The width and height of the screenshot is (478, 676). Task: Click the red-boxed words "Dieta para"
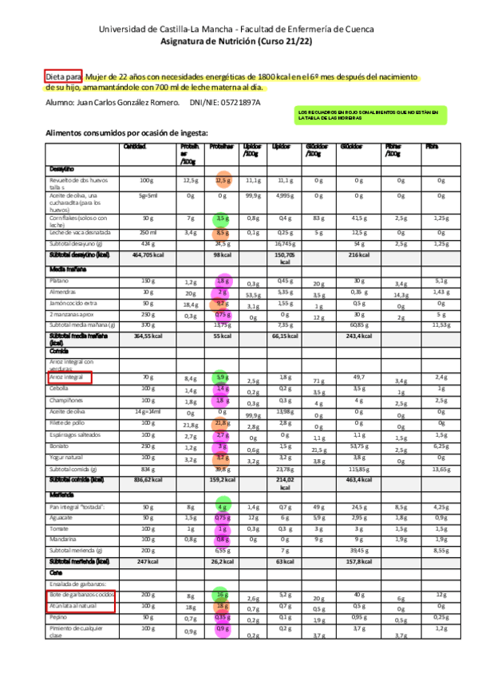click(63, 77)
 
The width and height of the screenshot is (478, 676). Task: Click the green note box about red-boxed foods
click(367, 116)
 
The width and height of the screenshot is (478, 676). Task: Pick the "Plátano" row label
click(59, 281)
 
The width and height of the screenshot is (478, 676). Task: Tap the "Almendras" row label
click(62, 292)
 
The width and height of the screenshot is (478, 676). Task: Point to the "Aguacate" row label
click(61, 517)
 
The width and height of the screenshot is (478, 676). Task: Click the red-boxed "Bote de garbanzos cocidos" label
click(82, 595)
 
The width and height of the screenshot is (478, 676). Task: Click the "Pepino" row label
click(58, 618)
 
